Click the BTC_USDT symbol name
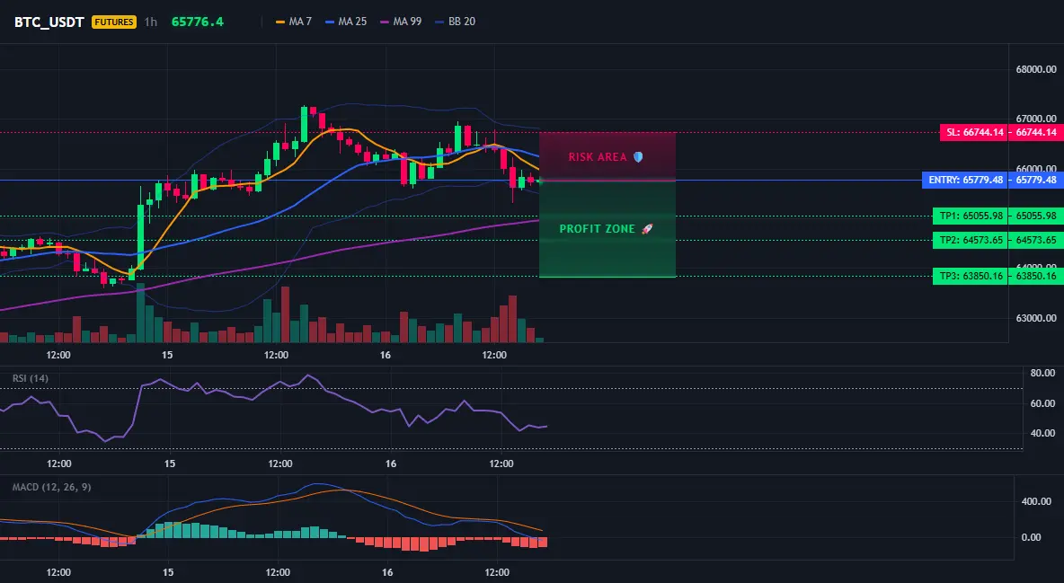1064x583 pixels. [49, 22]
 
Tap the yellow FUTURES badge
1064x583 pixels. [114, 22]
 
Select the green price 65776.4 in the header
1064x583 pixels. [198, 22]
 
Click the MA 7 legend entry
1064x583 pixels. [294, 22]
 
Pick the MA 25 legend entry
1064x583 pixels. [346, 22]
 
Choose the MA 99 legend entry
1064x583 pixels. [401, 22]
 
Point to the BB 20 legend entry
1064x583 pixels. [456, 22]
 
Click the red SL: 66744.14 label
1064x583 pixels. [973, 132]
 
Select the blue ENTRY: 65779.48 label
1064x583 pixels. [965, 180]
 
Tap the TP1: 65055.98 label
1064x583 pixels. [971, 216]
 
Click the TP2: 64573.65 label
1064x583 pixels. [971, 240]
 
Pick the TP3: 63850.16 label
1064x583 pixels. [971, 276]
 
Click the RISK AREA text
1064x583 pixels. [598, 157]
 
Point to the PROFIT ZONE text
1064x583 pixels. [597, 229]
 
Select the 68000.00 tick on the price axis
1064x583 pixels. [1036, 69]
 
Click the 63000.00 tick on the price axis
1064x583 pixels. [1036, 318]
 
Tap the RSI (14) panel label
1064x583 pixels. [31, 378]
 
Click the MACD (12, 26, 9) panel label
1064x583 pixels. [51, 487]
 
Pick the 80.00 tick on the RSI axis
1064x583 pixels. [1043, 374]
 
